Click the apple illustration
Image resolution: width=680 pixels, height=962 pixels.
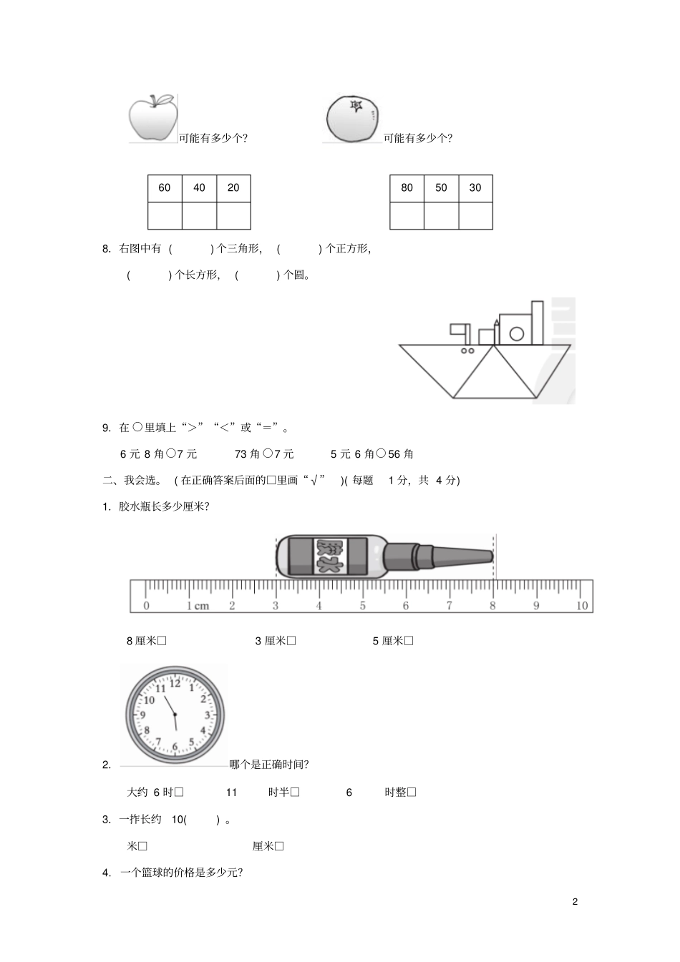pyautogui.click(x=152, y=117)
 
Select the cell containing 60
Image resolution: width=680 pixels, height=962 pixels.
pyautogui.click(x=165, y=188)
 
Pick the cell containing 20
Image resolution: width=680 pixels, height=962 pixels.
pyautogui.click(x=233, y=188)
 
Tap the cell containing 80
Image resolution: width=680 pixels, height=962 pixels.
pyautogui.click(x=407, y=188)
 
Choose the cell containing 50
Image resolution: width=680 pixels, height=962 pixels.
pyautogui.click(x=441, y=188)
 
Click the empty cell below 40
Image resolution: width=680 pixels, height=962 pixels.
pyautogui.click(x=199, y=215)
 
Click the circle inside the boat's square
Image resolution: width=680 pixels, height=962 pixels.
pyautogui.click(x=516, y=333)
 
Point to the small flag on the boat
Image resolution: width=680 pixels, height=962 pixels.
pyautogui.click(x=458, y=330)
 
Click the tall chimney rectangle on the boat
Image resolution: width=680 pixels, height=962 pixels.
pyautogui.click(x=537, y=323)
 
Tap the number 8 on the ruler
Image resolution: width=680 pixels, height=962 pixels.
pyautogui.click(x=492, y=606)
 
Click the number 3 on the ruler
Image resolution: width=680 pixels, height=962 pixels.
pyautogui.click(x=276, y=606)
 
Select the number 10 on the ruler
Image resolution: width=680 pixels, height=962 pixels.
pyautogui.click(x=582, y=606)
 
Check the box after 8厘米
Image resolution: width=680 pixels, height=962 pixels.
pyautogui.click(x=162, y=641)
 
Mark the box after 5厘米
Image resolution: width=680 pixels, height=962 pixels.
pyautogui.click(x=409, y=641)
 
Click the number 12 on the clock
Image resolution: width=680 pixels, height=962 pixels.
pyautogui.click(x=175, y=683)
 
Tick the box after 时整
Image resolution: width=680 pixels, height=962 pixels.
pyautogui.click(x=412, y=792)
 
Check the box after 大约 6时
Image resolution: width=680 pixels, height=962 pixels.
pyautogui.click(x=179, y=792)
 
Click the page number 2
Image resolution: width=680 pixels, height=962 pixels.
pyautogui.click(x=575, y=901)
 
